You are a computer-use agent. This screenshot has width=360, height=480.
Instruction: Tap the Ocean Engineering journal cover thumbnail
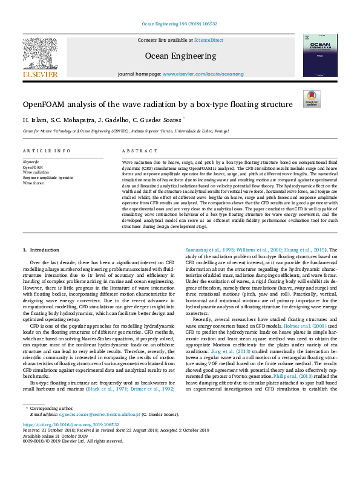320,55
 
